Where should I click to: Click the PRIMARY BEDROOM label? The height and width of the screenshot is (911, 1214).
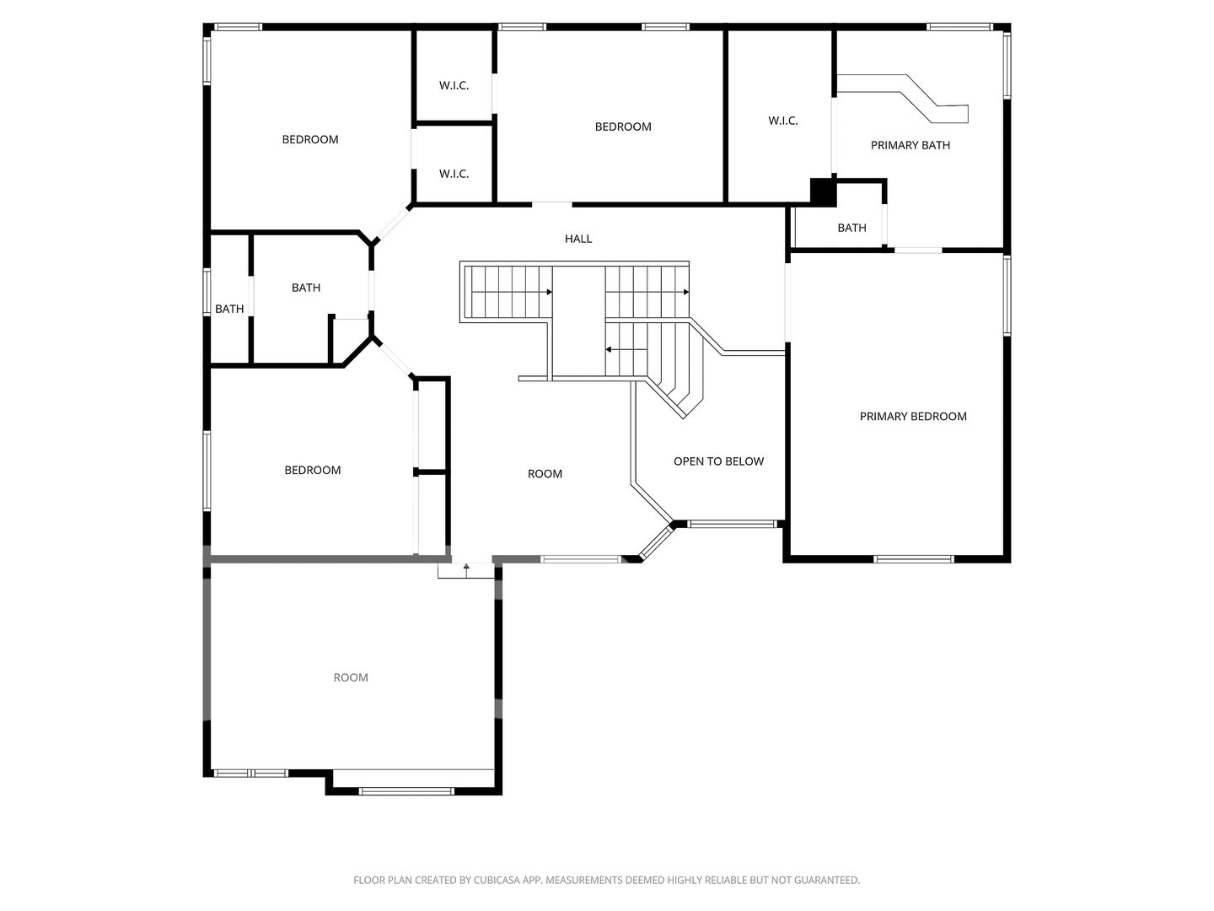912,417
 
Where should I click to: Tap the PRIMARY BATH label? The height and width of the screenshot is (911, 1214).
910,145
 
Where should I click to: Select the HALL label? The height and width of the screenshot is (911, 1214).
578,239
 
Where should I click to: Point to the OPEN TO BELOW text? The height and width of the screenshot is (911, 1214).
718,461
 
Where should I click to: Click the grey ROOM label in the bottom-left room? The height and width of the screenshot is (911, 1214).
351,677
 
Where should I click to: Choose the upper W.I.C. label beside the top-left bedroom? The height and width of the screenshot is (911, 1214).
454,86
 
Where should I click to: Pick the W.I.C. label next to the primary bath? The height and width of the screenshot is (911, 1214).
782,121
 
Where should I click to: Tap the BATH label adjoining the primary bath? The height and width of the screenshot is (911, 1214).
851,228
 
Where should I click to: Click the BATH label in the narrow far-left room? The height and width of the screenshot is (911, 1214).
229,310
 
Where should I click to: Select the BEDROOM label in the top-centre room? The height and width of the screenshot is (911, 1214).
623,127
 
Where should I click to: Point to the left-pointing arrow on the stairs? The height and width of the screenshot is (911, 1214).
626,349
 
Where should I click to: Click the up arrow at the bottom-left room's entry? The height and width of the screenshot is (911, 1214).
466,570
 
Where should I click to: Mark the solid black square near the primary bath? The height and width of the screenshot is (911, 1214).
823,192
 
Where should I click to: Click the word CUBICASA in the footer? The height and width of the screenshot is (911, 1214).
497,880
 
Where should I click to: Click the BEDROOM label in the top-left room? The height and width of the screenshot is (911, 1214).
310,140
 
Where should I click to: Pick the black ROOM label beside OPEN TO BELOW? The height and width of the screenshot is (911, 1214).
545,474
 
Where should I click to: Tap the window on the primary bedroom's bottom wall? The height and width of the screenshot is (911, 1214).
914,559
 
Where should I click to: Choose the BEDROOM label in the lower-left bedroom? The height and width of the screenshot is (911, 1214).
313,471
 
